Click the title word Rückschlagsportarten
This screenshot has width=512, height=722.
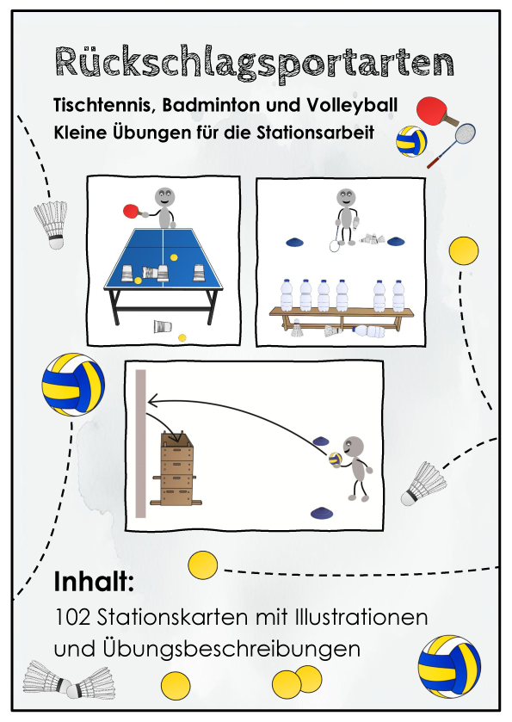(255, 63)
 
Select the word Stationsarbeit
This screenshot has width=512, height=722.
(316, 133)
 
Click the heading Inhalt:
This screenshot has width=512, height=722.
(94, 581)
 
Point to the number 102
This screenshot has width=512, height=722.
(71, 617)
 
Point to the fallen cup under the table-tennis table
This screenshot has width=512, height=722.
(163, 326)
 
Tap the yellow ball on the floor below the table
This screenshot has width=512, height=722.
(182, 337)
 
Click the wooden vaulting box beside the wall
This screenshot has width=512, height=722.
(177, 470)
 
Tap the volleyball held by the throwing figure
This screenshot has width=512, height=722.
(336, 459)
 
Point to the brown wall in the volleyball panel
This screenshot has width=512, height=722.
(141, 443)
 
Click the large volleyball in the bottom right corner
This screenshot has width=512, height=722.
(449, 667)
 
